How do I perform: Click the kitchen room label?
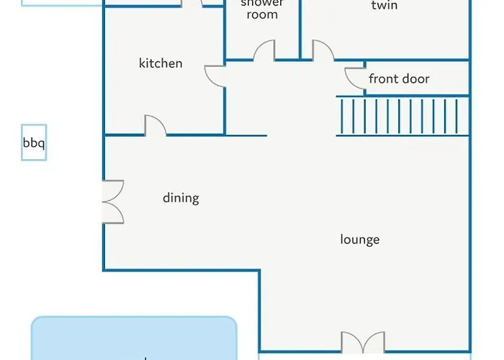pos(161,63)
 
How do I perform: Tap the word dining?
pos(181,198)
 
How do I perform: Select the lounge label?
pos(359,240)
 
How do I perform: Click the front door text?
pos(399,78)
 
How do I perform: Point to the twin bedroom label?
pos(384,6)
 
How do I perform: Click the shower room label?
pos(262,9)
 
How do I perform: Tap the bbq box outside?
pos(34,143)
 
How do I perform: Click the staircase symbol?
pos(402,116)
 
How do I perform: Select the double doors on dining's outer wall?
pos(113,200)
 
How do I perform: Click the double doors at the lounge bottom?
pos(363,343)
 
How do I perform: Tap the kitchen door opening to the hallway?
pos(216,76)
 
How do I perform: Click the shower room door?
pos(264,51)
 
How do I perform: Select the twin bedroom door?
pos(322,51)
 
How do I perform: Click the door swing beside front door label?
pos(354,77)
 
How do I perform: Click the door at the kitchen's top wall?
pos(191,4)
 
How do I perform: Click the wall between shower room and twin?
pos(300,29)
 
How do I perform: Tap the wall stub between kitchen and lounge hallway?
pos(246,135)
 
